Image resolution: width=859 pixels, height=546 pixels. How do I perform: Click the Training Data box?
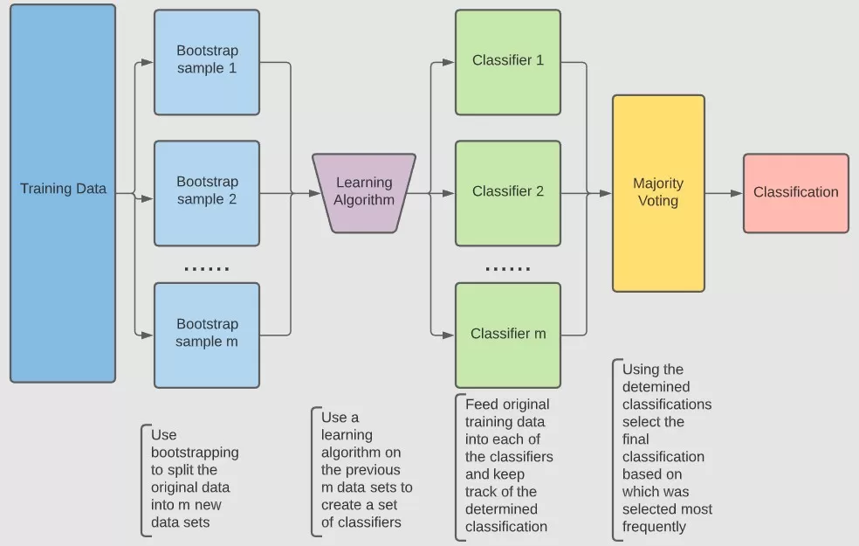(63, 193)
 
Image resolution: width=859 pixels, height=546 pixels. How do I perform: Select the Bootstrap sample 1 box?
(207, 62)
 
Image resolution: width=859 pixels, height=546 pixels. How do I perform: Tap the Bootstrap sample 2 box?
(207, 193)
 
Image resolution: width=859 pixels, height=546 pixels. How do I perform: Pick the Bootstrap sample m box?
(207, 335)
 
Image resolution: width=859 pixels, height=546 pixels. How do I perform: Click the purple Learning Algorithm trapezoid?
(364, 193)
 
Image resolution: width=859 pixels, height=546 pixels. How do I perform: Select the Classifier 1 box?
(508, 62)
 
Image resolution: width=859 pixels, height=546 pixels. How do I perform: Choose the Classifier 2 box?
(508, 193)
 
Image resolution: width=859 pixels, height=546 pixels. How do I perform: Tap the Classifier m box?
(508, 335)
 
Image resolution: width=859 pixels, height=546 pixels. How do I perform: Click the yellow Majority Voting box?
(658, 193)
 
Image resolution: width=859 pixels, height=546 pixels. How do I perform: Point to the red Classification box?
(795, 193)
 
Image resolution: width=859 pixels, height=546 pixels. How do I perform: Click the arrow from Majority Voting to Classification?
(724, 193)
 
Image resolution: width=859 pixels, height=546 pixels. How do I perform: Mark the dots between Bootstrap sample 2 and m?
(207, 269)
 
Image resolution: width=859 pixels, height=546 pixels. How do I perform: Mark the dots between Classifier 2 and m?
(508, 269)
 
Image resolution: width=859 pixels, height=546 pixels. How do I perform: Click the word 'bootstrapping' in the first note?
(194, 453)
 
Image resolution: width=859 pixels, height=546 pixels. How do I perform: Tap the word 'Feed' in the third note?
(483, 404)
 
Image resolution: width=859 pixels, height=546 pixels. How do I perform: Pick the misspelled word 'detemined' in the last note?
(656, 387)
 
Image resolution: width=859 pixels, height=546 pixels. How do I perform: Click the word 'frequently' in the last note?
(654, 527)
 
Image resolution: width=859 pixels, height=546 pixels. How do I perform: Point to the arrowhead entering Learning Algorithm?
(315, 193)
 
